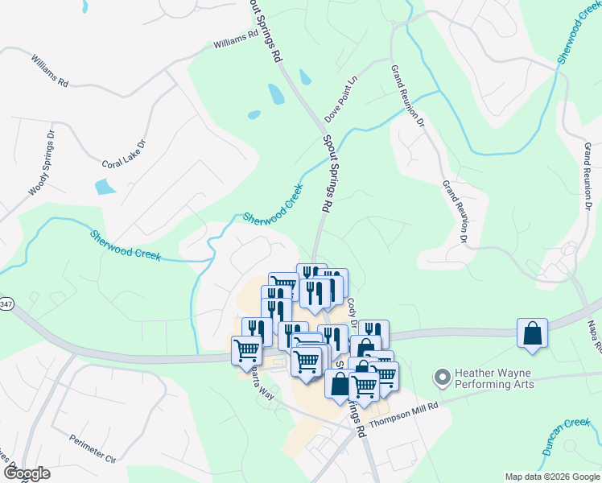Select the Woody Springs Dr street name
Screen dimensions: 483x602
(x=42, y=163)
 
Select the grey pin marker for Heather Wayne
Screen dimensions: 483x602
(x=441, y=376)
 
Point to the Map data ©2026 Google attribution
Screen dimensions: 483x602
(x=552, y=477)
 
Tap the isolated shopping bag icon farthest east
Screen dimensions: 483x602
(x=533, y=333)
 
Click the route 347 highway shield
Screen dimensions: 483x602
(x=2, y=303)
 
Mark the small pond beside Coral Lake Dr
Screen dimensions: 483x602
(x=105, y=187)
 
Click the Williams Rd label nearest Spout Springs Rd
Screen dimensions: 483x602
(x=236, y=39)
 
